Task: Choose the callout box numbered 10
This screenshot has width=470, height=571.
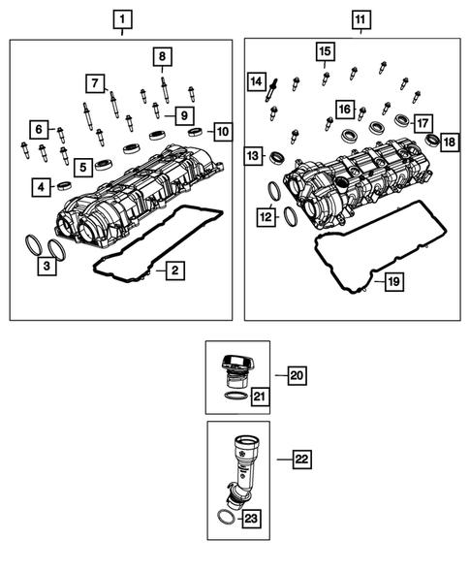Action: tap(223, 130)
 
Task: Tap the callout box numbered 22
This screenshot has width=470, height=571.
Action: tap(301, 460)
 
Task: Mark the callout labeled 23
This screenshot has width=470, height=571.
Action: tap(251, 521)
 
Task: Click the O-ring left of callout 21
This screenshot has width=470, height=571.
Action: tap(235, 396)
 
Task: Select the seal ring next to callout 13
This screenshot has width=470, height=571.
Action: tap(277, 156)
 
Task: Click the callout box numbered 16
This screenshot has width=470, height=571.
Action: tap(344, 109)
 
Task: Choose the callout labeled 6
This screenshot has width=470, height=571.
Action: tap(38, 128)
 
